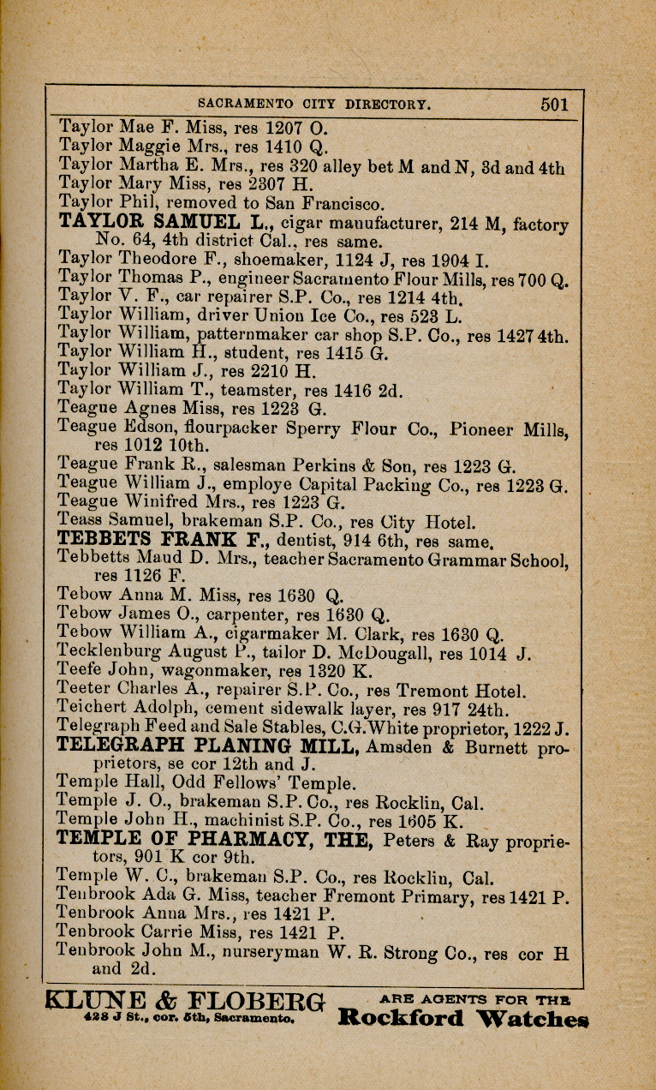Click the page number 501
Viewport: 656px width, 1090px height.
pyautogui.click(x=554, y=105)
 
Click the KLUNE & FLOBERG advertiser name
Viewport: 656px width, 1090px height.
pyautogui.click(x=185, y=1001)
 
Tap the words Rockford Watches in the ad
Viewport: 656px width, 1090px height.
pyautogui.click(x=462, y=1019)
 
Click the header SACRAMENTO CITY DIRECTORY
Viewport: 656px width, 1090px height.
pyautogui.click(x=313, y=105)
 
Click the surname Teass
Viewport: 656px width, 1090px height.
pyautogui.click(x=77, y=520)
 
